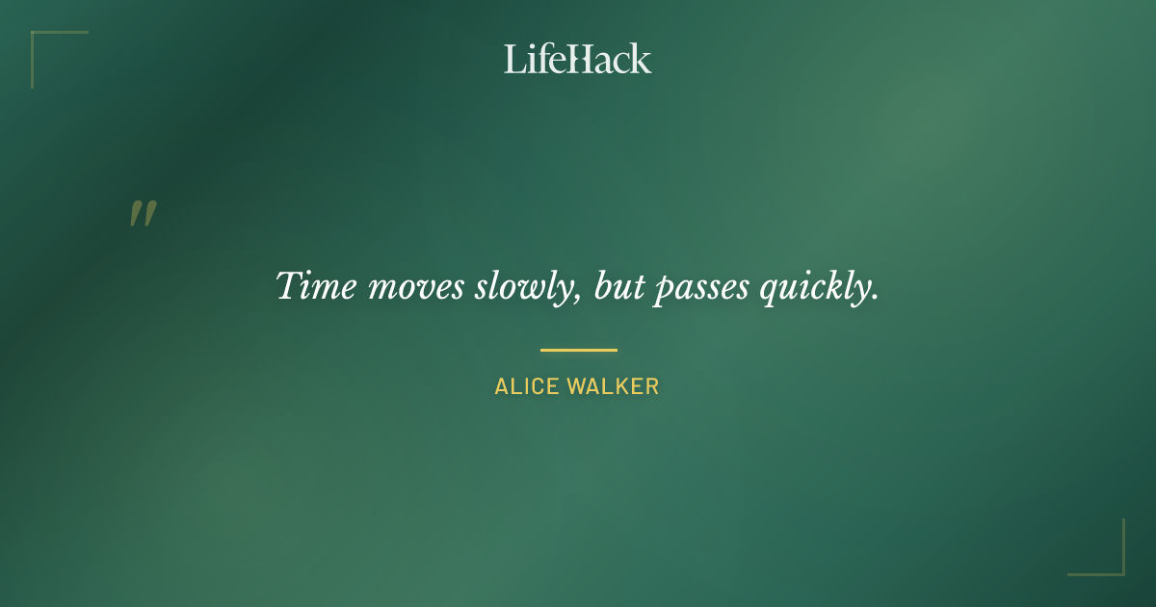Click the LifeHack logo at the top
point(578,59)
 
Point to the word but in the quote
point(617,286)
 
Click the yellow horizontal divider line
point(578,350)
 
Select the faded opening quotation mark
point(143,214)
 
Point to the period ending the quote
point(875,299)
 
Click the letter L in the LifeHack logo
point(512,60)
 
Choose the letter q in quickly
point(770,291)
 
